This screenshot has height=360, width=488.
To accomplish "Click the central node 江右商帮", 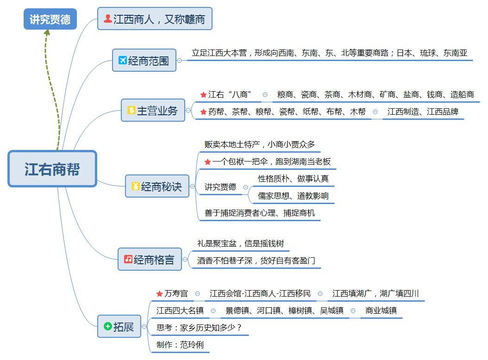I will [x=52, y=169].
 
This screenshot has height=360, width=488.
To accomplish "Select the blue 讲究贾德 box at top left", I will [x=50, y=19].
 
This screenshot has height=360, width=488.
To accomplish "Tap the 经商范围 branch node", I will [x=144, y=60].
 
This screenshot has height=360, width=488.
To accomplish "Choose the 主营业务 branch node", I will [x=153, y=110].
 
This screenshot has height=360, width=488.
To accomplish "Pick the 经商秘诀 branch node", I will [x=157, y=186].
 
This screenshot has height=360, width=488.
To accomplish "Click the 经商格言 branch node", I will [x=150, y=259].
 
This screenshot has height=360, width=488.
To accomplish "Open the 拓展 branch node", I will [x=119, y=326].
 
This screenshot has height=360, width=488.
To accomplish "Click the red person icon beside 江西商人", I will [x=107, y=19].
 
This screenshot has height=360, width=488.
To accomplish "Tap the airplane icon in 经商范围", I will [x=123, y=60].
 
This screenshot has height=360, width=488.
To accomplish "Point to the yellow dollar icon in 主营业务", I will [x=131, y=110].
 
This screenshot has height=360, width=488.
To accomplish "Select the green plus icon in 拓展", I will [x=107, y=326].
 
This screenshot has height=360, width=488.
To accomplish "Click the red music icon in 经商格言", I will [x=128, y=259].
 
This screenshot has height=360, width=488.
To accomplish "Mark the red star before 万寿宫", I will [x=159, y=294].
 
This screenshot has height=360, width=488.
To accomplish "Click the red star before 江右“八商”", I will [x=203, y=94].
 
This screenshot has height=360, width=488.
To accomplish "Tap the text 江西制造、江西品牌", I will [x=423, y=112].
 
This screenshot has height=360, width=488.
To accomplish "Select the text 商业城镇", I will [x=381, y=310].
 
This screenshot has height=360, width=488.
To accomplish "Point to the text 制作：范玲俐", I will [x=180, y=345].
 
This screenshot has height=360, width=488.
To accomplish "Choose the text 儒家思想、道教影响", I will [x=293, y=196].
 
